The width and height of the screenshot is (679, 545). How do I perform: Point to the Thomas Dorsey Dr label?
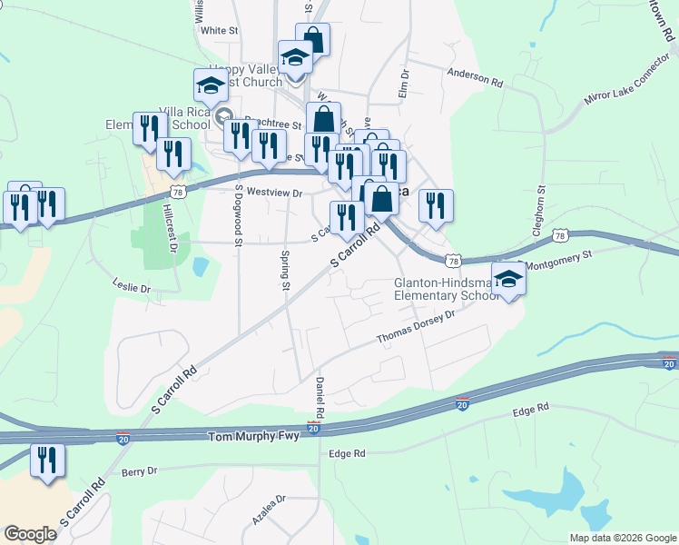point(415,331)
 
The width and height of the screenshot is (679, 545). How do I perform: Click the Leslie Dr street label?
point(132,287)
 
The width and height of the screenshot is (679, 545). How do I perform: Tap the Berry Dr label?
point(139,471)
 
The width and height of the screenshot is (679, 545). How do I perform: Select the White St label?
point(219,30)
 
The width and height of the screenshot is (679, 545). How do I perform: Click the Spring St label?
point(285,271)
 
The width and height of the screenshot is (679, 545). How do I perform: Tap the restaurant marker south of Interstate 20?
point(46,461)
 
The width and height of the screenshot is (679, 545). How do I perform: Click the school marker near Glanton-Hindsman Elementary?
point(509,279)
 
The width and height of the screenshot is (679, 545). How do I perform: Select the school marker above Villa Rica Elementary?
point(211,85)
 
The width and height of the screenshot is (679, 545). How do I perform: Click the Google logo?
point(30,534)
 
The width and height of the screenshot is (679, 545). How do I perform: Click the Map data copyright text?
point(622,538)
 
